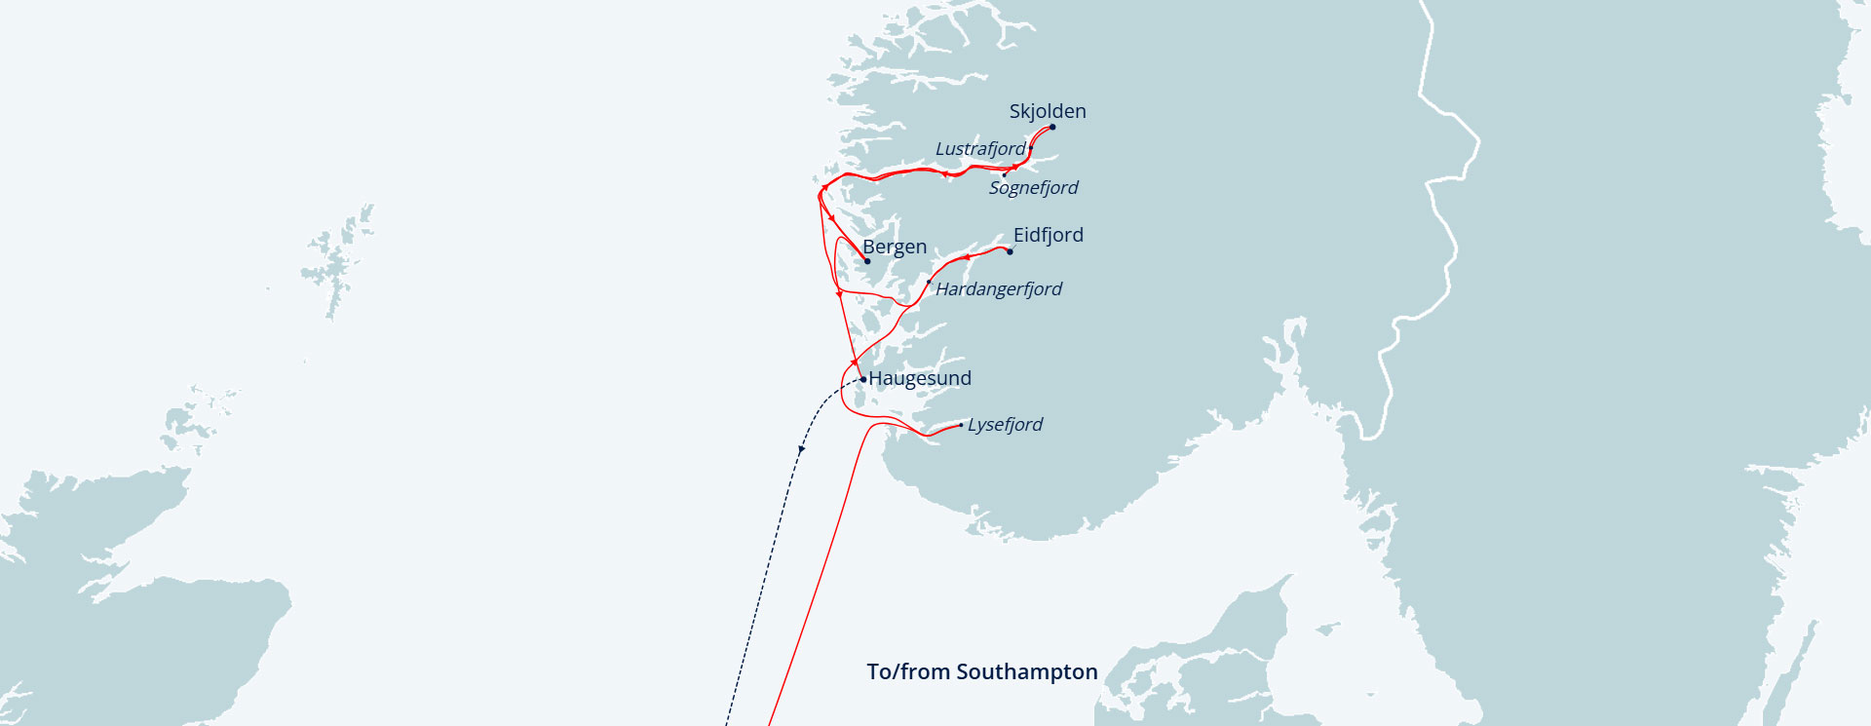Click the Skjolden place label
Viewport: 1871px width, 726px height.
click(x=1047, y=111)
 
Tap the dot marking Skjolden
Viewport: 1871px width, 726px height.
click(x=1052, y=127)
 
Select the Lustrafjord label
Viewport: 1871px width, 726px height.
click(x=979, y=149)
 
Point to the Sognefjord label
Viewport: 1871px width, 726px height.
click(x=1033, y=188)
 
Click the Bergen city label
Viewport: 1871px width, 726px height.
click(x=895, y=247)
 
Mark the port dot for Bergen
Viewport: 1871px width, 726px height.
click(x=867, y=261)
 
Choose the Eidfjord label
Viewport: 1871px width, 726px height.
click(x=1048, y=235)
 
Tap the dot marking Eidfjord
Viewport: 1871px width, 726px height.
click(x=1010, y=251)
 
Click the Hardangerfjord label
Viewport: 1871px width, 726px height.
click(x=998, y=289)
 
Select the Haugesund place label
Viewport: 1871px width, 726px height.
click(x=920, y=378)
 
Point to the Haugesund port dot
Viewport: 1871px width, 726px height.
click(x=863, y=379)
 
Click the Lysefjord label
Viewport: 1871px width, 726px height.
click(x=1005, y=425)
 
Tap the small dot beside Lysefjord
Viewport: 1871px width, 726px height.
click(x=961, y=425)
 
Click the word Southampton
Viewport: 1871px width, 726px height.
click(x=1027, y=672)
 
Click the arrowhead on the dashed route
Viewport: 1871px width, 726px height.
click(x=801, y=449)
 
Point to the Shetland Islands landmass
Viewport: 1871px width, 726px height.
click(x=336, y=263)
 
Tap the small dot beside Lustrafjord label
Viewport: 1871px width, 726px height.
click(x=1031, y=148)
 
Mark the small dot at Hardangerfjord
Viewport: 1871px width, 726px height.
click(x=929, y=283)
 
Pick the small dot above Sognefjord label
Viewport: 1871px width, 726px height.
click(x=1005, y=174)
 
